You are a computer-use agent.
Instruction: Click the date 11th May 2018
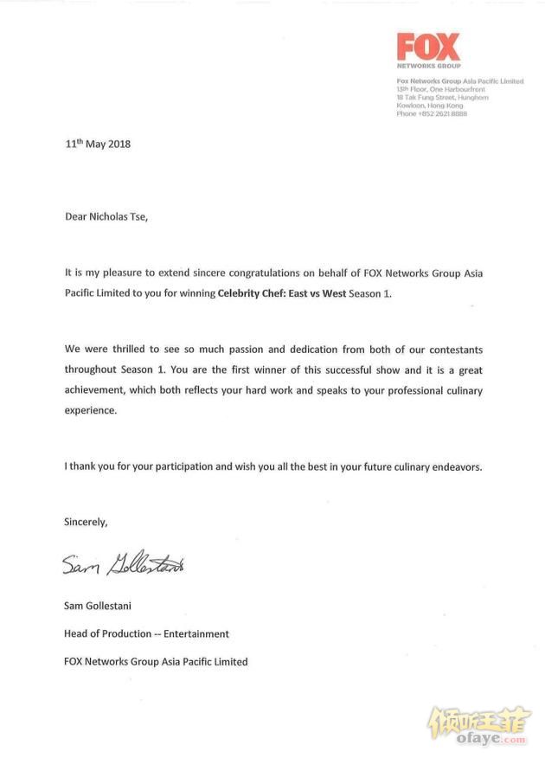tap(97, 144)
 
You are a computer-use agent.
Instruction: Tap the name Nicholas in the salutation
tap(112, 216)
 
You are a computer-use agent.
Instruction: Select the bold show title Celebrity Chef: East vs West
tap(282, 294)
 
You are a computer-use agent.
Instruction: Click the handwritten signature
tap(123, 566)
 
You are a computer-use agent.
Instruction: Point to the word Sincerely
tap(86, 522)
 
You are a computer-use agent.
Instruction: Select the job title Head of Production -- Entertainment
tap(146, 633)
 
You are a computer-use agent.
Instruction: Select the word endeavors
tap(451, 466)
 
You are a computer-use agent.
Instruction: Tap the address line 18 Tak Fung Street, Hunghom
tap(442, 98)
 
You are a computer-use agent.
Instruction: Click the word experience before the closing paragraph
tap(90, 411)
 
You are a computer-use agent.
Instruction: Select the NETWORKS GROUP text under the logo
tap(428, 67)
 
